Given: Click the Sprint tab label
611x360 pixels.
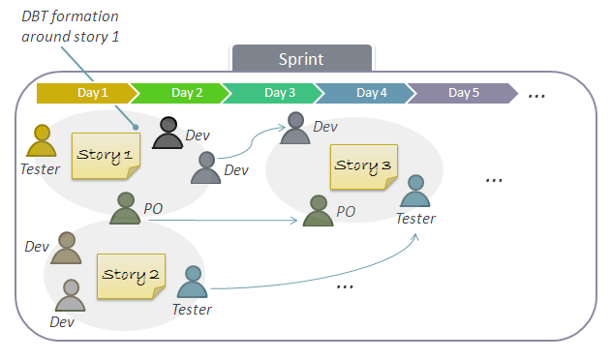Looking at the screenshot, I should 301,59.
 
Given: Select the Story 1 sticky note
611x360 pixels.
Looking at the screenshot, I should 107,155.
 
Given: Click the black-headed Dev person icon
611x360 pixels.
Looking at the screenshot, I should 168,134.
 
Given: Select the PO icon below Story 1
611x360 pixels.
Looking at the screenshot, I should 126,208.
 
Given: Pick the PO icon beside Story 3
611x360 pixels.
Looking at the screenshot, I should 318,211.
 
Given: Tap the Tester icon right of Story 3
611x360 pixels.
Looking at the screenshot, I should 414,193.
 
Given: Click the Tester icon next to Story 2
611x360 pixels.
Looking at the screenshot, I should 193,283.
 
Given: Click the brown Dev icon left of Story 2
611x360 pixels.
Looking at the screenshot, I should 67,248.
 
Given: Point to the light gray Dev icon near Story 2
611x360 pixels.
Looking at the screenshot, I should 71,295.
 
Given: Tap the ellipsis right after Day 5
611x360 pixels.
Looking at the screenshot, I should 536,95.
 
